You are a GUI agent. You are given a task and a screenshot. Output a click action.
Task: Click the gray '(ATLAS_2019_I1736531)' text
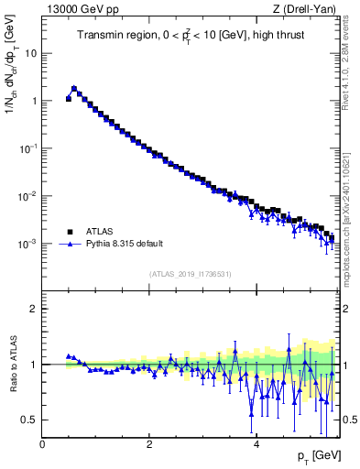tap(189, 274)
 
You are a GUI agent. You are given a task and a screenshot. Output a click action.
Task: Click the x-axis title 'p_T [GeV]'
tap(315, 455)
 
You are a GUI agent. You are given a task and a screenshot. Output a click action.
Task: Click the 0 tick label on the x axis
tap(42, 444)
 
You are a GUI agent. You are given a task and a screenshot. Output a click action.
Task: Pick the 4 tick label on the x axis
tap(256, 444)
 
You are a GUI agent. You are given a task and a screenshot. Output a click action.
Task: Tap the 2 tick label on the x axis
tap(149, 444)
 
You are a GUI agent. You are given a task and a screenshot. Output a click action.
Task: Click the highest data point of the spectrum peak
tap(74, 89)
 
